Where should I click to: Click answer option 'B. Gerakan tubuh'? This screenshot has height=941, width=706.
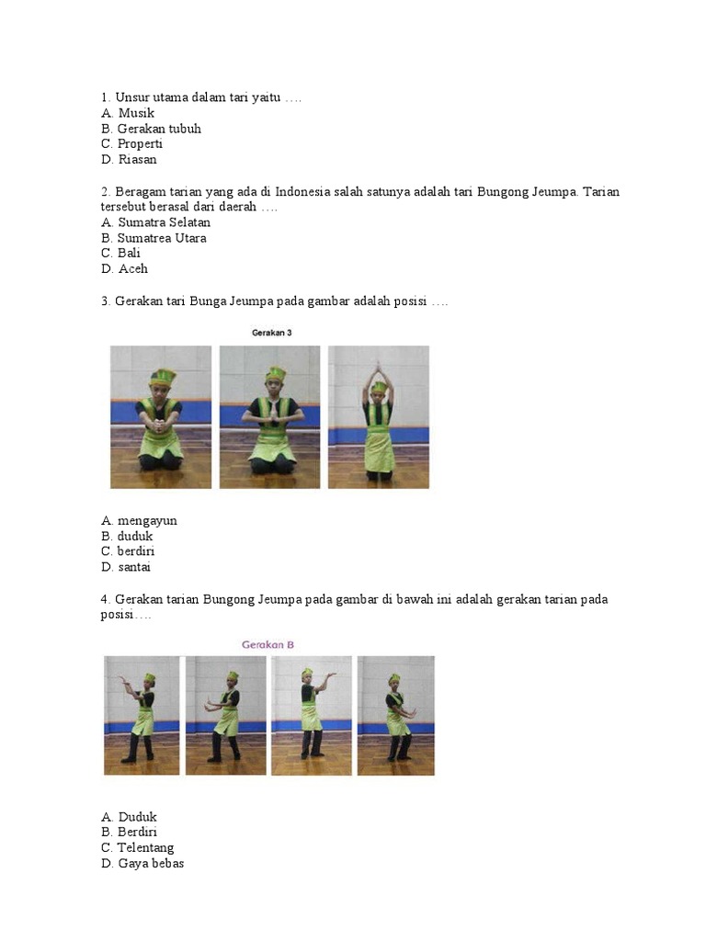[x=152, y=129]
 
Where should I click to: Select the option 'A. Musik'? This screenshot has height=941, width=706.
[x=128, y=113]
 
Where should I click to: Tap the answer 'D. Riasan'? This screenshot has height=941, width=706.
[x=129, y=159]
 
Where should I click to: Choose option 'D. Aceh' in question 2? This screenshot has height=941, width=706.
[x=124, y=268]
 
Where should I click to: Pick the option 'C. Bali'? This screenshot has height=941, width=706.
[x=120, y=253]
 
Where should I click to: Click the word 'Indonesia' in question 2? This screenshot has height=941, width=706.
[x=302, y=191]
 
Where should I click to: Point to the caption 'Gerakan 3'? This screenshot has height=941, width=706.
[x=271, y=333]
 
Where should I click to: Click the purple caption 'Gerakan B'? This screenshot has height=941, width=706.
[x=268, y=644]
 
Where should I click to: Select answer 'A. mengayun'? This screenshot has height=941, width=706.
[x=140, y=521]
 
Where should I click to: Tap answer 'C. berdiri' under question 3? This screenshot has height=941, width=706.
[x=128, y=551]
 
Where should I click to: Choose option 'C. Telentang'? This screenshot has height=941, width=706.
[x=138, y=847]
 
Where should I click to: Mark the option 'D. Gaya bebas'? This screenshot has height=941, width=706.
[x=142, y=863]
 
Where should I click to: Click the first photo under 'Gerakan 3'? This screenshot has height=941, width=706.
[x=161, y=417]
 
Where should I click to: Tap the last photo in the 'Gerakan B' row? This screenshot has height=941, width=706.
[x=395, y=715]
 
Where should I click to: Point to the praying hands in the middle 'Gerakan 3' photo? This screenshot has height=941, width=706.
[x=270, y=409]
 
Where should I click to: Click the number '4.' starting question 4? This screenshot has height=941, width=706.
[x=106, y=599]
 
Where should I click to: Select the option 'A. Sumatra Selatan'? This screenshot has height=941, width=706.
[x=155, y=222]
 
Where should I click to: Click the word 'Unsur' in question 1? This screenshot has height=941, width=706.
[x=129, y=97]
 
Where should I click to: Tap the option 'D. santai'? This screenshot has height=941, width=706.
[x=125, y=566]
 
